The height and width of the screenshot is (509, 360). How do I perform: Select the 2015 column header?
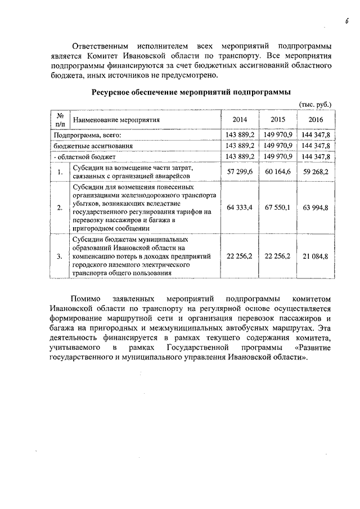pos(278,120)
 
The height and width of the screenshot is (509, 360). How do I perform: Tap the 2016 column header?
pos(316,120)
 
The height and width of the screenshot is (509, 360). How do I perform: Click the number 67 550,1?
pos(278,208)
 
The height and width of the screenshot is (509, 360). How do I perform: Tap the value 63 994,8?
pos(316,208)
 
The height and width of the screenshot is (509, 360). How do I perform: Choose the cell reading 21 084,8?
pos(316,256)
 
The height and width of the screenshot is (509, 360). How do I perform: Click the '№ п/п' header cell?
pos(60,120)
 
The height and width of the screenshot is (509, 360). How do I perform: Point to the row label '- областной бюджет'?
pos(84,156)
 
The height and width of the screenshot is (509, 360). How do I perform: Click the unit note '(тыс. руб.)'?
pos(316,105)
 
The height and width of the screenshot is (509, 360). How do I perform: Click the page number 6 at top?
pos(347,21)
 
